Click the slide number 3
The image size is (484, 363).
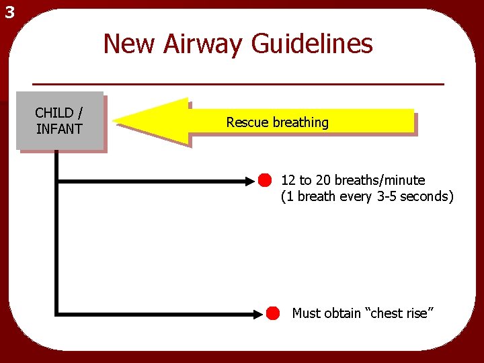pyautogui.click(x=8, y=11)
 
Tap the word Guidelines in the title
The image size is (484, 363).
pyautogui.click(x=313, y=44)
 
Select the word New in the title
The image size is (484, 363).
pyautogui.click(x=128, y=44)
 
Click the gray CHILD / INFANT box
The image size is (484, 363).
pyautogui.click(x=60, y=120)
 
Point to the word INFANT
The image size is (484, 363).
pyautogui.click(x=59, y=129)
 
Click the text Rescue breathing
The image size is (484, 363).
pyautogui.click(x=277, y=122)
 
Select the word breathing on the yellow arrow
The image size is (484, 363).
pyautogui.click(x=300, y=122)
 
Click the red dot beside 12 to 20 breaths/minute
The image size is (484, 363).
pyautogui.click(x=265, y=180)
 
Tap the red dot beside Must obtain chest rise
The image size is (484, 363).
pyautogui.click(x=272, y=313)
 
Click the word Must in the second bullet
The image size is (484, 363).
pyautogui.click(x=307, y=313)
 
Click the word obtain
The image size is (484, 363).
pyautogui.click(x=342, y=313)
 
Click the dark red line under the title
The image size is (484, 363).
pyautogui.click(x=239, y=84)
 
